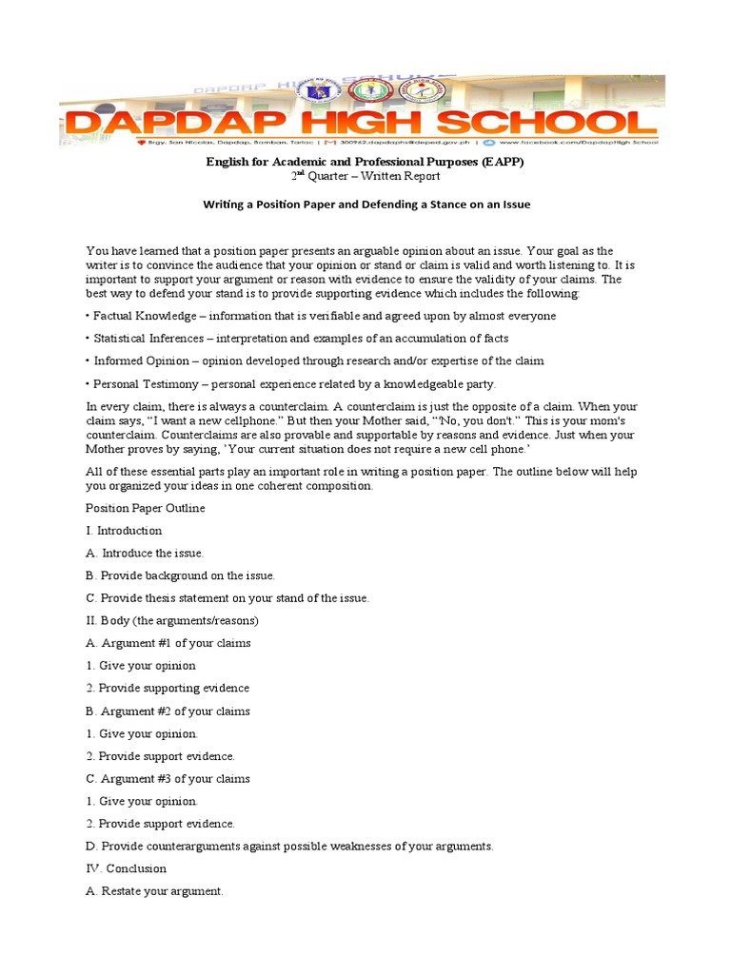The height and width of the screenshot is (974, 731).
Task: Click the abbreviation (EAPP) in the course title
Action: [497, 163]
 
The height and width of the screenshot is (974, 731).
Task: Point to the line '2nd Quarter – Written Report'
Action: [365, 176]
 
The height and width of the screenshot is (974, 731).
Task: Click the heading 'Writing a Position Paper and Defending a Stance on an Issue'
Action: [366, 205]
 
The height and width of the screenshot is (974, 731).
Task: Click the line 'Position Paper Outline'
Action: [146, 508]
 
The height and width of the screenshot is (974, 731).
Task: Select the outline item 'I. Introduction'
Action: [124, 531]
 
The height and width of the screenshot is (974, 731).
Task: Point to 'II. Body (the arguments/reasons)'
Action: [172, 620]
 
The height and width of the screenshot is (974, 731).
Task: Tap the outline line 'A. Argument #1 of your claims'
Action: [168, 643]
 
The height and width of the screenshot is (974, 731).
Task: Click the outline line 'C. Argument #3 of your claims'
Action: [168, 778]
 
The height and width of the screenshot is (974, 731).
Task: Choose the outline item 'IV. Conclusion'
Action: [126, 868]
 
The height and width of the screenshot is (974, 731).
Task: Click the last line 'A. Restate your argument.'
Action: [155, 891]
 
